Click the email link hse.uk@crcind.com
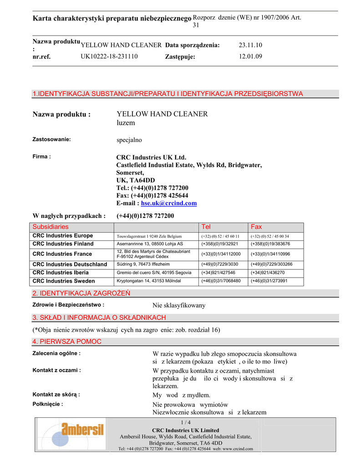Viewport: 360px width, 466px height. point(169,203)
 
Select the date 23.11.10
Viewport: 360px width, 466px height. point(250,45)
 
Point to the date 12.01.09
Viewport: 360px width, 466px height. point(250,56)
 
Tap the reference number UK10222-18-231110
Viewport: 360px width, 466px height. point(109,56)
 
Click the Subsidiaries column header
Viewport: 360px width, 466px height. point(51,227)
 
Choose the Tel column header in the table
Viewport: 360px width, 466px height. point(206,227)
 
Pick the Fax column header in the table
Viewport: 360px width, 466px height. point(257,227)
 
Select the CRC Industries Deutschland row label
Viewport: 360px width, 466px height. point(70,264)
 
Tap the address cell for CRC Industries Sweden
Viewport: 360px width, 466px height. point(149,281)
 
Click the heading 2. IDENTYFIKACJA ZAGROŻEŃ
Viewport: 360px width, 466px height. point(81,293)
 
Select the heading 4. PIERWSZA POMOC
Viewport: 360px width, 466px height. point(67,341)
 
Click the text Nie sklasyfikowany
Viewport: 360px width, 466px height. point(179,305)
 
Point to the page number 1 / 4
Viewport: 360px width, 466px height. point(186,423)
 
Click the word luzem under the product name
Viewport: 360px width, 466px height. point(126,123)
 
